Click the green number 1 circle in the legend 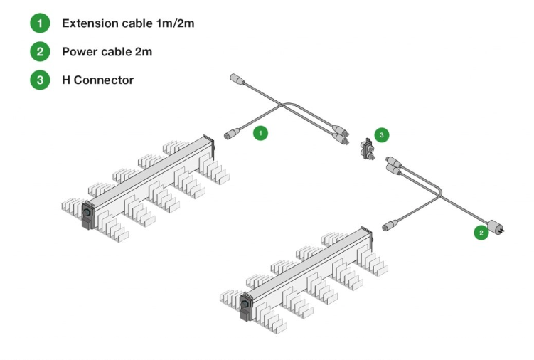click(40, 23)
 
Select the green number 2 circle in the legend click(40, 52)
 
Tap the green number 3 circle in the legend click(40, 80)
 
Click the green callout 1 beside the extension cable click(261, 133)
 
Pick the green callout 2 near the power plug click(481, 232)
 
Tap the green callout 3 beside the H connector click(382, 134)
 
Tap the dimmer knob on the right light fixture click(247, 304)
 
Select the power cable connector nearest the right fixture click(392, 226)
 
